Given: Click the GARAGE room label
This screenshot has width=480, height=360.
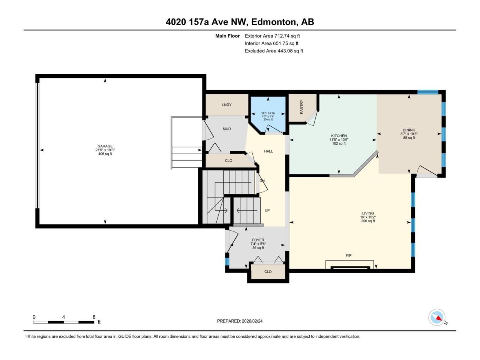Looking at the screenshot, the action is coord(105,146).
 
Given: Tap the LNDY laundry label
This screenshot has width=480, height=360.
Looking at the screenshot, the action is coord(226,105).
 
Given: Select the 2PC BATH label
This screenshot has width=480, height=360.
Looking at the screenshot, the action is coord(268,113).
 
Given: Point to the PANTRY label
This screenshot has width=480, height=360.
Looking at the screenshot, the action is coord(301,106).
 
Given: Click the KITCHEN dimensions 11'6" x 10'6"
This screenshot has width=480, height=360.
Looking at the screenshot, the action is coord(339,139).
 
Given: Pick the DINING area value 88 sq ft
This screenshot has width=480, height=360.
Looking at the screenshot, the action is coord(409,138).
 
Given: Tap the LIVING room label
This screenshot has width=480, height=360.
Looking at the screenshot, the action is coord(368,213).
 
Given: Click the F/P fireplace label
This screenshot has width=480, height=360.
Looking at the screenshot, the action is coord(349,255).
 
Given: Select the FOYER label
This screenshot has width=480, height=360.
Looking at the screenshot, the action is coord(258,240).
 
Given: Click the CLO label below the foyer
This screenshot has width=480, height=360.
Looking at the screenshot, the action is coord(268,271).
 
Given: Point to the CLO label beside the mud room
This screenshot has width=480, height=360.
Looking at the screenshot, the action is coord(228,160).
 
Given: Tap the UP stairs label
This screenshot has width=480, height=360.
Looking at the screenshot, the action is coord(267,210).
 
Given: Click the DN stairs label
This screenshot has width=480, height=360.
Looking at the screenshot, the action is coord(262,180).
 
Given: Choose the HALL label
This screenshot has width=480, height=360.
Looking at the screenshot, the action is coord(268,151).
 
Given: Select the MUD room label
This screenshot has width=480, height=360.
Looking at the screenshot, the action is coord(226,129).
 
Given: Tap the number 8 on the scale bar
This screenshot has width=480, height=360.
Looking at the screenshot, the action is coord(94,317).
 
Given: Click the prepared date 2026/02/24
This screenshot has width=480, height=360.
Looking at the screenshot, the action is coord(252,321).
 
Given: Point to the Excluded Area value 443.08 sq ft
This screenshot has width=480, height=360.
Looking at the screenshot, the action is coord(290,51).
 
